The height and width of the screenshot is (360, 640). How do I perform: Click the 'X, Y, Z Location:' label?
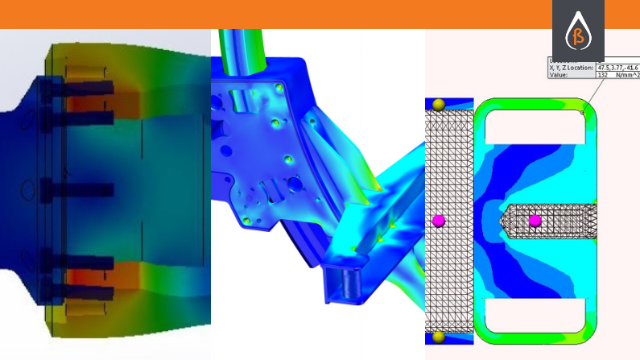[x=572, y=68]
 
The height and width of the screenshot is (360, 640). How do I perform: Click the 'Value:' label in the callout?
[x=560, y=77]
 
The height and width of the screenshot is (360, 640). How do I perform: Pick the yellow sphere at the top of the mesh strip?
[x=439, y=106]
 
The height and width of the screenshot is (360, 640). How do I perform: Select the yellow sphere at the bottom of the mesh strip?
[x=439, y=337]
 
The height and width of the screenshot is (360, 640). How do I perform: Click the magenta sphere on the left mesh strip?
[x=439, y=220]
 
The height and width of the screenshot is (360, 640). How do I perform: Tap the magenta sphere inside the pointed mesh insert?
[x=535, y=220]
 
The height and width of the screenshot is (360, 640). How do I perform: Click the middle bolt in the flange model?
[x=72, y=190]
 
